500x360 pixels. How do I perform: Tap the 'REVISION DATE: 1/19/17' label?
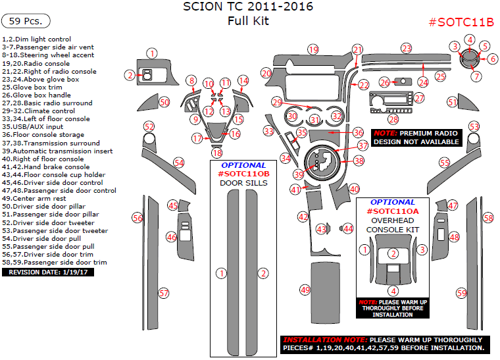click(48, 271)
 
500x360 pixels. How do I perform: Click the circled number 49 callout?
click(305, 290)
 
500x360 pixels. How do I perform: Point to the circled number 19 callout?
click(313, 50)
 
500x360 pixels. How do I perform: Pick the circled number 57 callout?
click(164, 293)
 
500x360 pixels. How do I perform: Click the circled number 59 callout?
click(462, 293)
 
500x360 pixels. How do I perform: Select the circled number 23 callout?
click(407, 49)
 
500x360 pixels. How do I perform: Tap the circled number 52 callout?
click(149, 126)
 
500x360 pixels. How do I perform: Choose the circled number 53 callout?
click(474, 126)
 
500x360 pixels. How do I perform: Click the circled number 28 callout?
click(393, 119)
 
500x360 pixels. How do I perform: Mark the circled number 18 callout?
click(217, 153)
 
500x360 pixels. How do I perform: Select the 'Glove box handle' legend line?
click(36, 95)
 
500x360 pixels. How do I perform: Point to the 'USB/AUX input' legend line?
click(33, 127)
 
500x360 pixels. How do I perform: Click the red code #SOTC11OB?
click(243, 173)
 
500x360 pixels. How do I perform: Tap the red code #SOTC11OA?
click(393, 211)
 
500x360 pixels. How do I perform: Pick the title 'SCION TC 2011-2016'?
click(247, 7)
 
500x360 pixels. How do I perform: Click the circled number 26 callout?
click(385, 82)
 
